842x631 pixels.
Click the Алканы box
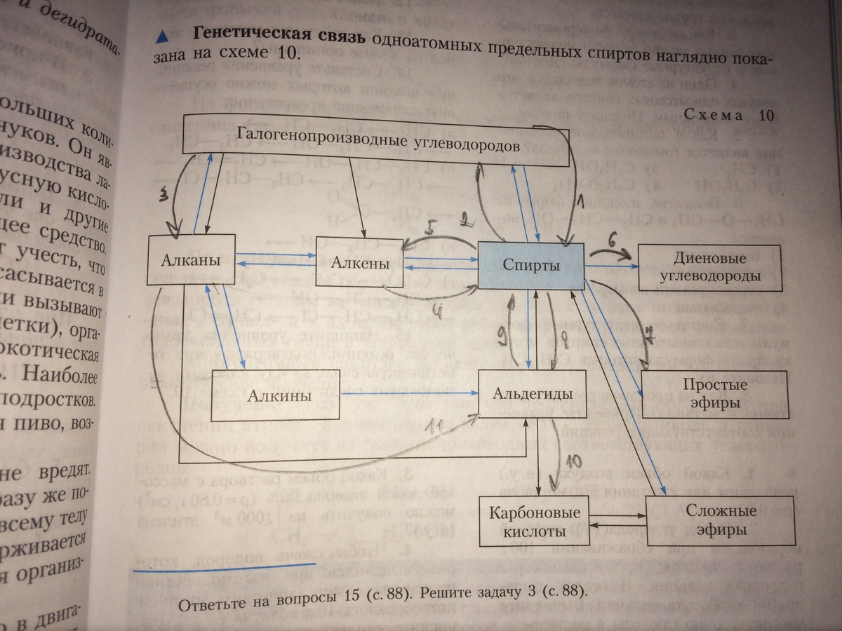192,261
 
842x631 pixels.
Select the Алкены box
360,263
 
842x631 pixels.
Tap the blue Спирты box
531,266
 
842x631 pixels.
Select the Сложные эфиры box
721,520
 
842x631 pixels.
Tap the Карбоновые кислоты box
528,521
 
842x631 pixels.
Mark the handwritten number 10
573,461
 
